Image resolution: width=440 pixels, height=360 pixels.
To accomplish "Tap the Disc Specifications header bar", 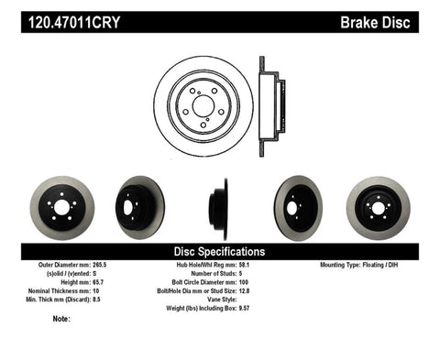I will tap(219, 250).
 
